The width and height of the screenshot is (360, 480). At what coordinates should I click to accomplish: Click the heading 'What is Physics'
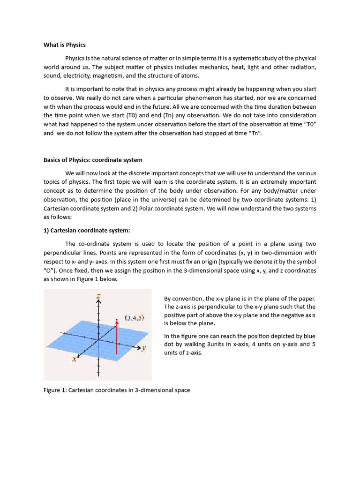(65, 45)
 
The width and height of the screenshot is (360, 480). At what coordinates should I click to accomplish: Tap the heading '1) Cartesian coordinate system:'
(87, 230)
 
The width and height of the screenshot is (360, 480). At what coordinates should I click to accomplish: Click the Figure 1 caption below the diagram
(117, 390)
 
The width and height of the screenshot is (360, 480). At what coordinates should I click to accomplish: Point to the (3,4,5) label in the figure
(135, 318)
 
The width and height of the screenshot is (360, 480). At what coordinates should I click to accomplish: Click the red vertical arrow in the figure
(116, 337)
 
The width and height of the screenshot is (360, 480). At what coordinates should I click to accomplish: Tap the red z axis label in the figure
(98, 296)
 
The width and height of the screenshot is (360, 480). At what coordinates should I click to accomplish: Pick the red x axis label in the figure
(74, 359)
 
